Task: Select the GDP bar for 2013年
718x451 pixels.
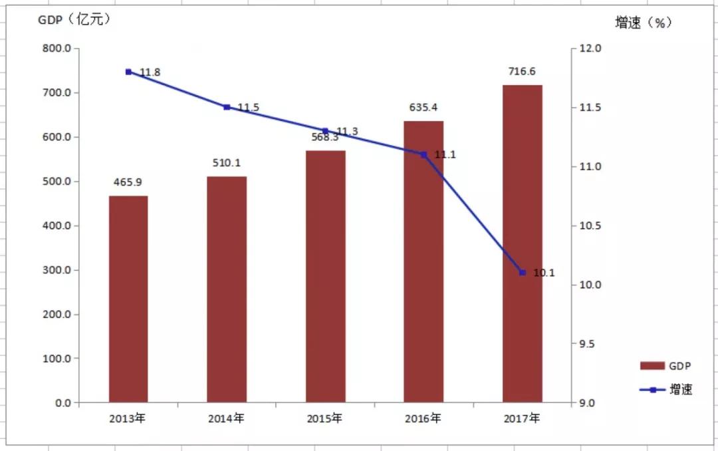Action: [x=128, y=299]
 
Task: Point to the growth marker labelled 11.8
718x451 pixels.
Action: [x=128, y=72]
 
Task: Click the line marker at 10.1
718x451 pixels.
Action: [x=522, y=273]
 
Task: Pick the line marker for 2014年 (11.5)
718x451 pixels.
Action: [x=227, y=107]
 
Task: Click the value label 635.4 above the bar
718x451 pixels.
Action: [x=423, y=107]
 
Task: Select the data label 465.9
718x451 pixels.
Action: [x=128, y=182]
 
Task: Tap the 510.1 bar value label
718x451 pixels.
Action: [x=227, y=162]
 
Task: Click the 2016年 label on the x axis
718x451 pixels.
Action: [x=423, y=419]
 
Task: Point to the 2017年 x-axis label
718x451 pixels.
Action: [x=522, y=419]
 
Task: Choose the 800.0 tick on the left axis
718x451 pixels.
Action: [x=58, y=49]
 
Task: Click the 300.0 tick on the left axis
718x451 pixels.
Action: [x=58, y=270]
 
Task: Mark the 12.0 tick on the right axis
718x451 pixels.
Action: [x=590, y=49]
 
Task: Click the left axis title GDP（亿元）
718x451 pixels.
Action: [x=74, y=20]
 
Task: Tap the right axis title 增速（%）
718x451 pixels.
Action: [x=643, y=23]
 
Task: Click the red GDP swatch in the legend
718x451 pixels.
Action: [x=652, y=366]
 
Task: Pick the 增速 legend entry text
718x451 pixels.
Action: [x=680, y=390]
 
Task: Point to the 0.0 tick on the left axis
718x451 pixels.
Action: [x=64, y=403]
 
